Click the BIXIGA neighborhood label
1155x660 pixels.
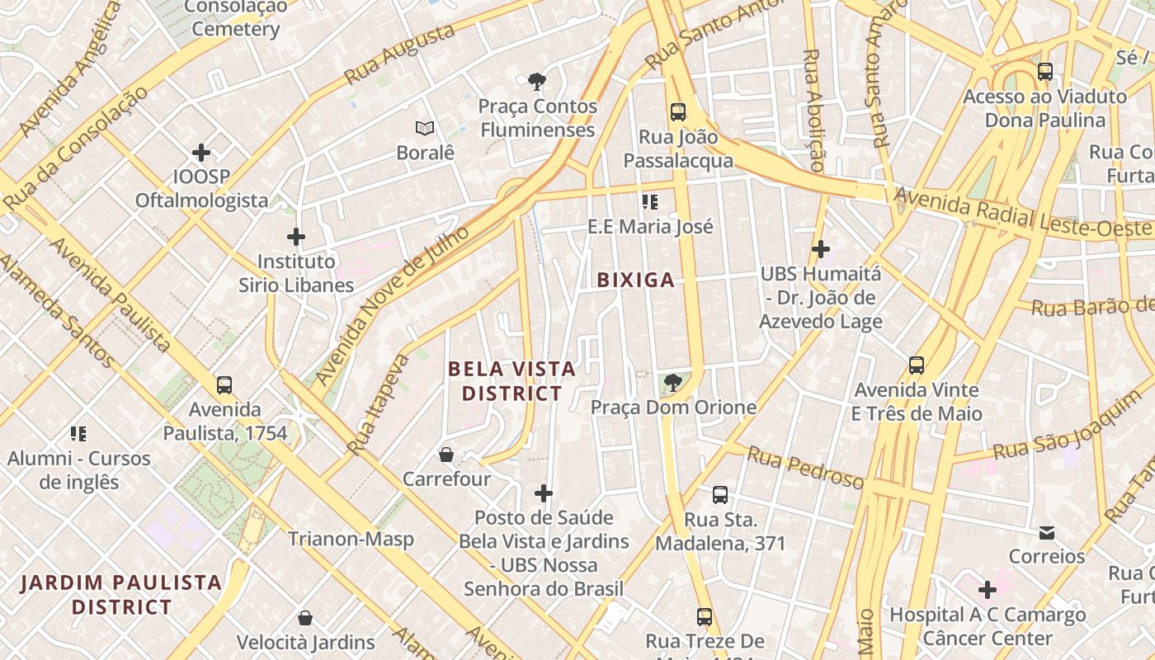(635, 280)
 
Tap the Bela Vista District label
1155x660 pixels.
(511, 380)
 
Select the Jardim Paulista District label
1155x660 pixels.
(121, 595)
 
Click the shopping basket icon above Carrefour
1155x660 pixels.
(446, 455)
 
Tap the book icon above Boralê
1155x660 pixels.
(425, 129)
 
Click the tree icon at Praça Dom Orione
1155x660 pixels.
(672, 382)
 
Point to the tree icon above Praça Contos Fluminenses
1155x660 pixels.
(537, 81)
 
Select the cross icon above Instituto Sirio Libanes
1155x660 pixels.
(296, 238)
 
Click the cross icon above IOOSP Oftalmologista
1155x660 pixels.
(201, 153)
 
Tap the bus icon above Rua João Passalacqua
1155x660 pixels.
(678, 112)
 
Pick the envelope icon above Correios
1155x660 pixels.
(1047, 533)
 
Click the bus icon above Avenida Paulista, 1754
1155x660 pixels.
(224, 385)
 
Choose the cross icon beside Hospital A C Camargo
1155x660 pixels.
(988, 590)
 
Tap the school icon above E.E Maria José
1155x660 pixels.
(650, 202)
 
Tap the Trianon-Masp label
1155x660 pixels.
(351, 540)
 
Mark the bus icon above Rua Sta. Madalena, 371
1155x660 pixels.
(720, 495)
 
